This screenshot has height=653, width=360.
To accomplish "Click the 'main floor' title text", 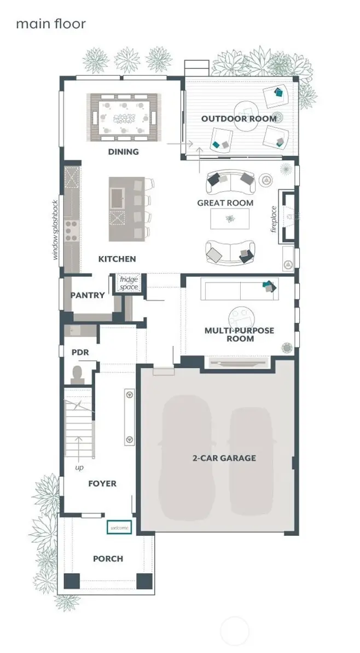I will click(50, 24).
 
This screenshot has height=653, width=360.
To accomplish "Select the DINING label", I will click(123, 152).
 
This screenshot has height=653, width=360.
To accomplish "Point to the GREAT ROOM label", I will click(225, 203).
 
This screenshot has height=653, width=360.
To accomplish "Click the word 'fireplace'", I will click(275, 219).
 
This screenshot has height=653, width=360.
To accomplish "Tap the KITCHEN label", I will click(117, 259).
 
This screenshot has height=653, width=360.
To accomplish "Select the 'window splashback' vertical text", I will click(55, 229).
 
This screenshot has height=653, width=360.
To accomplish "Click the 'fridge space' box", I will click(130, 283).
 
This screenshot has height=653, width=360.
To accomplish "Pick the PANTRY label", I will click(88, 296).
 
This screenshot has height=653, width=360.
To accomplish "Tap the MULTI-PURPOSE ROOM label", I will click(240, 334).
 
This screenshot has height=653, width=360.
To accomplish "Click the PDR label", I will click(80, 352).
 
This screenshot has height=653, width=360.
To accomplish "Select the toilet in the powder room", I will click(77, 374).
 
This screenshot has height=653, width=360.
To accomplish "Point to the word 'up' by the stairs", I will click(80, 468).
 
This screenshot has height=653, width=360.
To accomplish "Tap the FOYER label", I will click(102, 484).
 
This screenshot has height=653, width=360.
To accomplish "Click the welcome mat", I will click(120, 528).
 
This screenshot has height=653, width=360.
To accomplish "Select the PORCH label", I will click(108, 559).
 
